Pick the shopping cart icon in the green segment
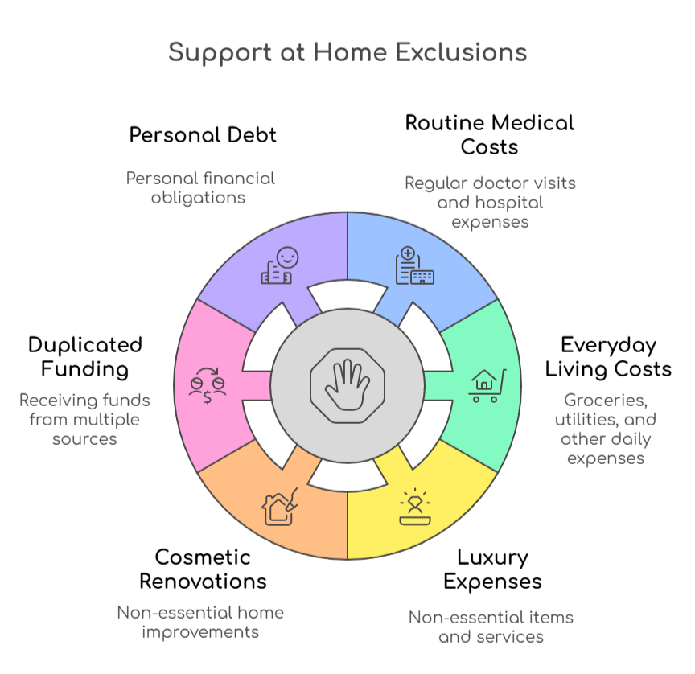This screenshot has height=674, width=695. point(487,384)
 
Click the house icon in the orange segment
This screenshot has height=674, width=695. point(281,506)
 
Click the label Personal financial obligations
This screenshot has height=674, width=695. point(200,187)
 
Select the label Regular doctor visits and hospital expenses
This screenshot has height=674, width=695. point(490,202)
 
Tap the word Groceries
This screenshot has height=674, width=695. point(605,400)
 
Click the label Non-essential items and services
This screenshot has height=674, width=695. point(491,627)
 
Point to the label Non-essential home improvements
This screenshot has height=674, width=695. point(200,622)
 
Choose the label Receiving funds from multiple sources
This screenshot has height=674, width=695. point(84,419)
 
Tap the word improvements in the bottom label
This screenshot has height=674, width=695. point(200,632)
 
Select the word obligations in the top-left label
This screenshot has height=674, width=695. point(199,197)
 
